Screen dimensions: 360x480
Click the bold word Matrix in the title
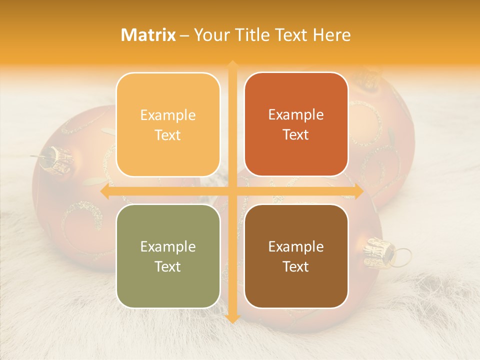pos(148,35)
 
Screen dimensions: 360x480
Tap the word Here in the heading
pos(331,35)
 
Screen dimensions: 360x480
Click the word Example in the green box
pos(168,246)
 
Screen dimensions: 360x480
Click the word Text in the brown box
pos(296,266)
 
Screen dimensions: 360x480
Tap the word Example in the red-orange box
pos(296,114)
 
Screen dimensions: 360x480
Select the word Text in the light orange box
pos(168,135)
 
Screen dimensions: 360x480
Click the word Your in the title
pos(210,35)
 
